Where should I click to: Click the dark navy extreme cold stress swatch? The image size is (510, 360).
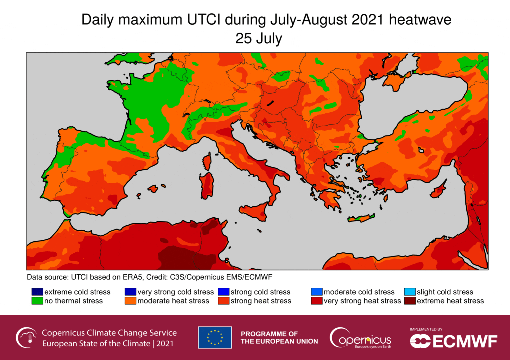[37, 292]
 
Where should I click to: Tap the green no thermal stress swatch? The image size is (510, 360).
[37, 301]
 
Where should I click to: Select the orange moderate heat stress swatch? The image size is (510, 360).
[130, 301]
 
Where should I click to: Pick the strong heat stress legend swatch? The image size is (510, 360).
[223, 301]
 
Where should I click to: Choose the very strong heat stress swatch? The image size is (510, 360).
[316, 301]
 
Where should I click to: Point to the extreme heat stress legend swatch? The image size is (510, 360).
[410, 301]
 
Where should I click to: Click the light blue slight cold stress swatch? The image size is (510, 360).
[410, 292]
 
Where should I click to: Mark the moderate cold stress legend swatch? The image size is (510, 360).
[316, 292]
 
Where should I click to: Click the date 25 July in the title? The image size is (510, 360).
[259, 39]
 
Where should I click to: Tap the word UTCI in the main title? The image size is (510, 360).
[203, 20]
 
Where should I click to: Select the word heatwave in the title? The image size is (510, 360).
[420, 20]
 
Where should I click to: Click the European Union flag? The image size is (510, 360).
[215, 337]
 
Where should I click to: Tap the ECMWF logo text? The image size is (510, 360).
[465, 341]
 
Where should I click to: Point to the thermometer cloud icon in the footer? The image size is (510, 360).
[26, 337]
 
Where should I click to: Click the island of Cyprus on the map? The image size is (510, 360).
[438, 191]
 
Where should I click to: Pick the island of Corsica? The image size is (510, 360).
[207, 162]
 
